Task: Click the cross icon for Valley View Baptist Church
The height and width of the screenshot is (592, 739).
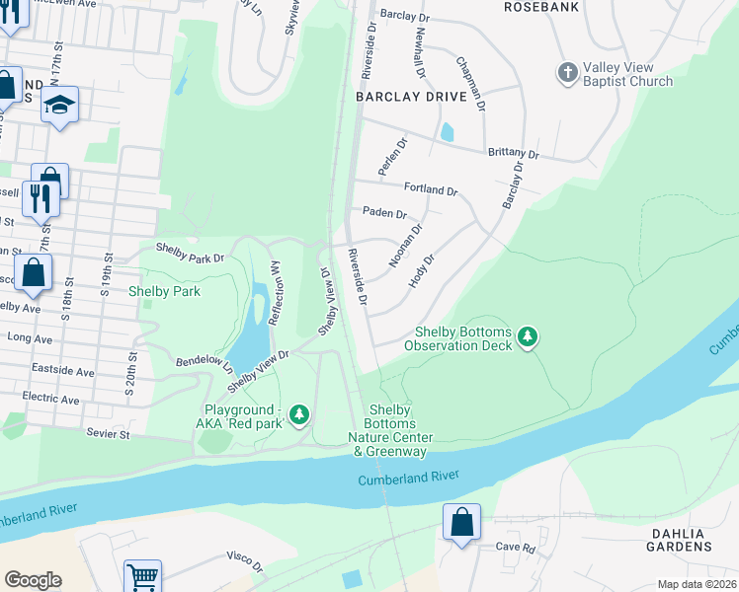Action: (568, 72)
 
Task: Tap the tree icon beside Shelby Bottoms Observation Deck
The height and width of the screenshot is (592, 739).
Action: (529, 338)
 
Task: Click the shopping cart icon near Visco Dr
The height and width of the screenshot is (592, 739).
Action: (142, 576)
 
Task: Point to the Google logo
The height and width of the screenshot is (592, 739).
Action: (33, 580)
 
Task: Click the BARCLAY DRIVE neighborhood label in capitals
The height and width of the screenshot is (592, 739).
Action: (400, 98)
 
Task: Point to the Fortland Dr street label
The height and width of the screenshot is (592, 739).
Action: (431, 189)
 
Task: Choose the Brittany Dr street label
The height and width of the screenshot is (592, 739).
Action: (513, 154)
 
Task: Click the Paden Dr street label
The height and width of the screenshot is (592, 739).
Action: (384, 213)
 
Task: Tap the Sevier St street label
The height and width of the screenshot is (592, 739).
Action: (108, 433)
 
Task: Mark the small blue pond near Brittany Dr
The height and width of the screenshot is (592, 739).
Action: (449, 132)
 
